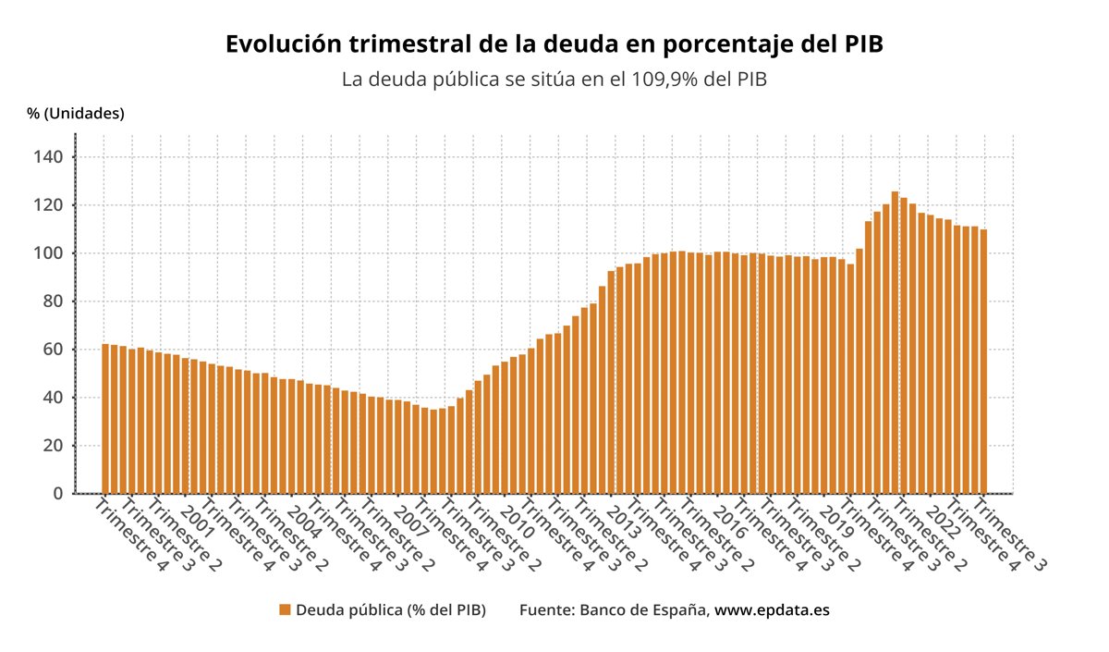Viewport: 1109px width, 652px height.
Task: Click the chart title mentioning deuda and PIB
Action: coord(554,44)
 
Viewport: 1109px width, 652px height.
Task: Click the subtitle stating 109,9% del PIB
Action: coord(554,80)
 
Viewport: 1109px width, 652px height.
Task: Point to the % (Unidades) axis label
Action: coord(75,114)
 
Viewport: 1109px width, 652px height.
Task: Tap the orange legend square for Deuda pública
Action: coord(285,610)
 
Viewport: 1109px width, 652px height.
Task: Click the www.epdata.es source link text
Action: coord(772,610)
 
